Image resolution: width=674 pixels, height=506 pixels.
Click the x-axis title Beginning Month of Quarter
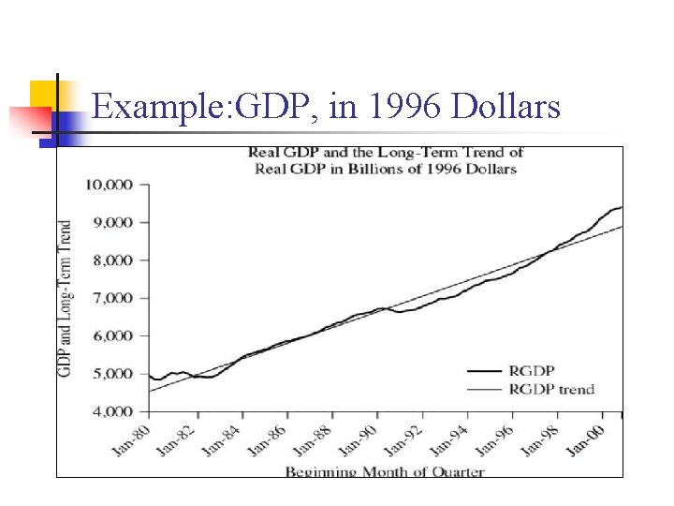(x=385, y=470)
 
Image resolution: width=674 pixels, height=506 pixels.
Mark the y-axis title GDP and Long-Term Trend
(x=66, y=298)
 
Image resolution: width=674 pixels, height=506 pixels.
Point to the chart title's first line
(x=385, y=152)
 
